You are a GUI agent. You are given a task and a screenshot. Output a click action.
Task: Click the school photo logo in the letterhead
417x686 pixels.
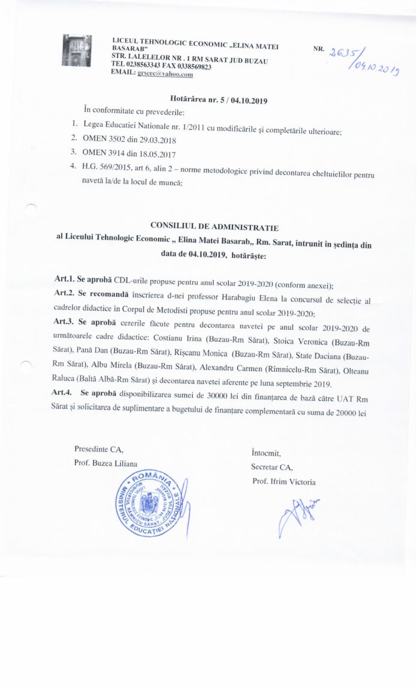(77, 51)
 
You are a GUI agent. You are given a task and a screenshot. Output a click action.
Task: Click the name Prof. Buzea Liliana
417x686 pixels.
(105, 463)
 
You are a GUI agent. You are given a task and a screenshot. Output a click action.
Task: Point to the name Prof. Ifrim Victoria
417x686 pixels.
(283, 481)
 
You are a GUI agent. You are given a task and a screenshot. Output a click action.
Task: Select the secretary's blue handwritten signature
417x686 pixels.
(297, 515)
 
